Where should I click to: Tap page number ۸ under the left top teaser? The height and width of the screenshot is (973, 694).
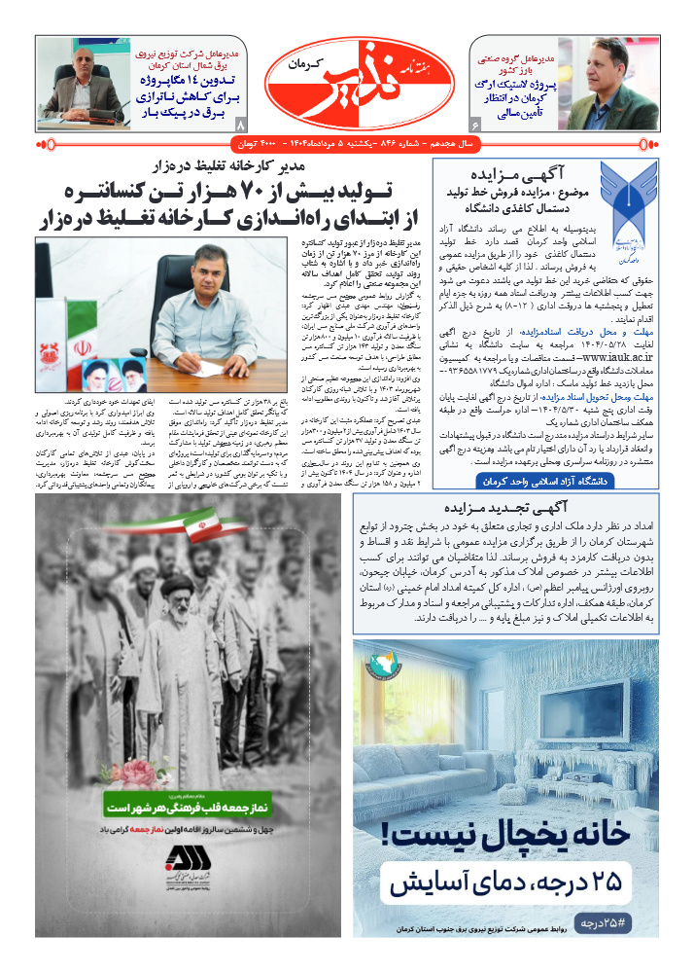[242, 125]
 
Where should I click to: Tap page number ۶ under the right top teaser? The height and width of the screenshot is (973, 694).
[474, 125]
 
